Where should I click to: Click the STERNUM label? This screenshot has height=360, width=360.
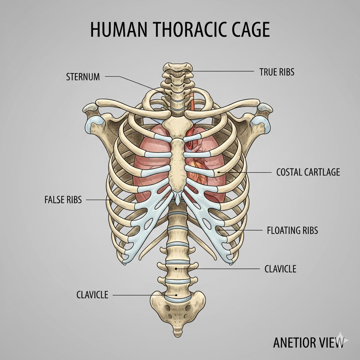(x=83, y=77)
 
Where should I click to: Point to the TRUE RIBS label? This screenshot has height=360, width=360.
(x=277, y=72)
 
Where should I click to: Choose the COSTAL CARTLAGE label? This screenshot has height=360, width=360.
(x=308, y=172)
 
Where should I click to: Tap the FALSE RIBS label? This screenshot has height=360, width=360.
(x=63, y=200)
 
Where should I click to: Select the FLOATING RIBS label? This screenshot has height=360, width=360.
(x=292, y=231)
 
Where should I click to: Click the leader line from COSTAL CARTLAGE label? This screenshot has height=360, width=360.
(x=246, y=172)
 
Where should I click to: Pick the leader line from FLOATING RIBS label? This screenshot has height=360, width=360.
(x=243, y=230)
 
